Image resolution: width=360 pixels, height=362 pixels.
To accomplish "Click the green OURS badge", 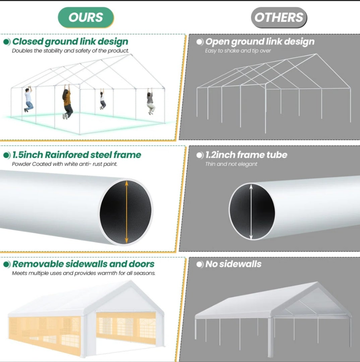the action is click(86, 17).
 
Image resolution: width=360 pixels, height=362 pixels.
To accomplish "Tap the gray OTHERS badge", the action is click(279, 17).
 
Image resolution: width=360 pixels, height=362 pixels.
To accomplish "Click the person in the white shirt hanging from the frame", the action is click(28, 99).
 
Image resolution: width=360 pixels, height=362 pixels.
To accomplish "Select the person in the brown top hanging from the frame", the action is click(67, 102).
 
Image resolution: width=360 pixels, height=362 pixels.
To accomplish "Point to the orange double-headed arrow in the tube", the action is click(126, 212).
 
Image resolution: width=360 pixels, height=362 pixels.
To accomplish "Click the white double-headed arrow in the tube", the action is click(251, 212).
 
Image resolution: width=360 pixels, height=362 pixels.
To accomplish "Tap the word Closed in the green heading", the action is click(28, 42).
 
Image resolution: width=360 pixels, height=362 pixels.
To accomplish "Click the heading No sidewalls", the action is click(233, 264).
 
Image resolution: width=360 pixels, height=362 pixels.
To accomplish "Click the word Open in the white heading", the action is click(217, 42).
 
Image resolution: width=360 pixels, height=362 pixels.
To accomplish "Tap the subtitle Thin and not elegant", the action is click(231, 164).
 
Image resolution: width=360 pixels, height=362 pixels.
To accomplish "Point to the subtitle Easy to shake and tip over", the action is click(238, 51).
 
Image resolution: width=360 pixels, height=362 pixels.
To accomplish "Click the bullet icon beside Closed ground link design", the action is click(7, 42).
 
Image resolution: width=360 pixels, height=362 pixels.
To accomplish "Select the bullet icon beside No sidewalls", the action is click(200, 264).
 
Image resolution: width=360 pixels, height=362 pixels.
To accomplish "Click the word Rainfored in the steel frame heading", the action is click(66, 155).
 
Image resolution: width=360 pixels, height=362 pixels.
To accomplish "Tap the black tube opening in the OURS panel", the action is click(126, 212).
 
